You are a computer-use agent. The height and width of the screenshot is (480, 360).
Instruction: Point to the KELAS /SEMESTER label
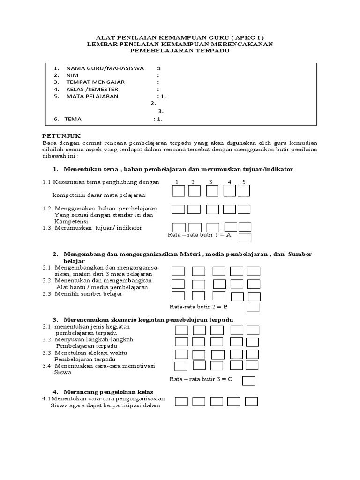tap(92, 89)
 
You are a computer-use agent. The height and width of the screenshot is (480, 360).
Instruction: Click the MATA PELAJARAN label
tap(92, 96)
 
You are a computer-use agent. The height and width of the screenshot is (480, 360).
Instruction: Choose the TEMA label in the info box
tap(73, 119)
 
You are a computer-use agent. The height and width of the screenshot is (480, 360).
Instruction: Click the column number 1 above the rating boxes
tap(177, 182)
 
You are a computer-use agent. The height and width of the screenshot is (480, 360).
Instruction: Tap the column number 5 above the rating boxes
tap(244, 182)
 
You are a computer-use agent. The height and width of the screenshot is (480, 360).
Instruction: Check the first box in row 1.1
tap(178, 191)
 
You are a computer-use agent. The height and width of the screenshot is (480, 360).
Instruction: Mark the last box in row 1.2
tap(244, 209)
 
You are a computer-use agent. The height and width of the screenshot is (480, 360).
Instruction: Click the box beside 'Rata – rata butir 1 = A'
tap(245, 238)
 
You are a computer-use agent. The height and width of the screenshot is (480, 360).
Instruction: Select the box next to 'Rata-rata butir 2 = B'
tap(253, 307)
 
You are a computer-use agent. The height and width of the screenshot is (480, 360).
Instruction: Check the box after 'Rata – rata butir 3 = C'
tap(248, 380)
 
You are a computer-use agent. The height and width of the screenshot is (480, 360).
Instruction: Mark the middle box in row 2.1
tap(219, 271)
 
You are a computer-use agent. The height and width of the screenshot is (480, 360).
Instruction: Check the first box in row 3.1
tap(181, 330)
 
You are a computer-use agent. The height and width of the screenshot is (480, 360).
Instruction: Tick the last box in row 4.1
tap(252, 401)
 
